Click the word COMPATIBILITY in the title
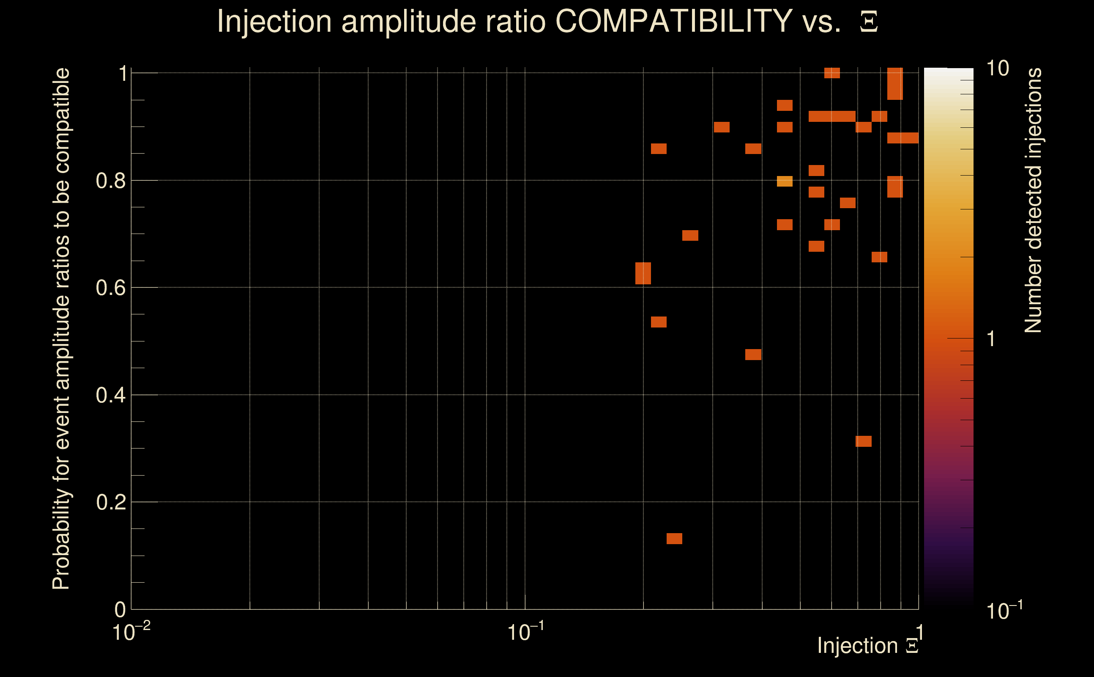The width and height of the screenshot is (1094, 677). (x=673, y=21)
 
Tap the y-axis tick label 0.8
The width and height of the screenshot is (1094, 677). (x=110, y=181)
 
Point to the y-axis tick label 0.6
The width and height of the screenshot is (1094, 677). (x=110, y=288)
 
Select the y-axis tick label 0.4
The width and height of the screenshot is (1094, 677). (x=110, y=395)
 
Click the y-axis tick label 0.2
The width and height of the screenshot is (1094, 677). (x=110, y=502)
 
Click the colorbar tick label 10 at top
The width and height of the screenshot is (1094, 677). (x=997, y=69)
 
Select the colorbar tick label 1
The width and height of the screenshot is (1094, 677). (x=991, y=339)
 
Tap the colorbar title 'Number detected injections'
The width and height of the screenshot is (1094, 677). (x=1033, y=200)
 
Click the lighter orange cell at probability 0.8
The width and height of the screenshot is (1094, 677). (x=785, y=182)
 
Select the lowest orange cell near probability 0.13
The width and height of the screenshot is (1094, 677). (x=674, y=539)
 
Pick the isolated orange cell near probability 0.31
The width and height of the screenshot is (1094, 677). (x=863, y=441)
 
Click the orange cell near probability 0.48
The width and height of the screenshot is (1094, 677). (x=753, y=355)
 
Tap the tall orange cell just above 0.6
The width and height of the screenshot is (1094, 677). (x=643, y=273)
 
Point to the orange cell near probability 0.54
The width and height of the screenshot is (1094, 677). (x=658, y=322)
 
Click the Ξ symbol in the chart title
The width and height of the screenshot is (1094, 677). (x=869, y=22)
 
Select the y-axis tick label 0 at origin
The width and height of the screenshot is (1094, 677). (x=120, y=609)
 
